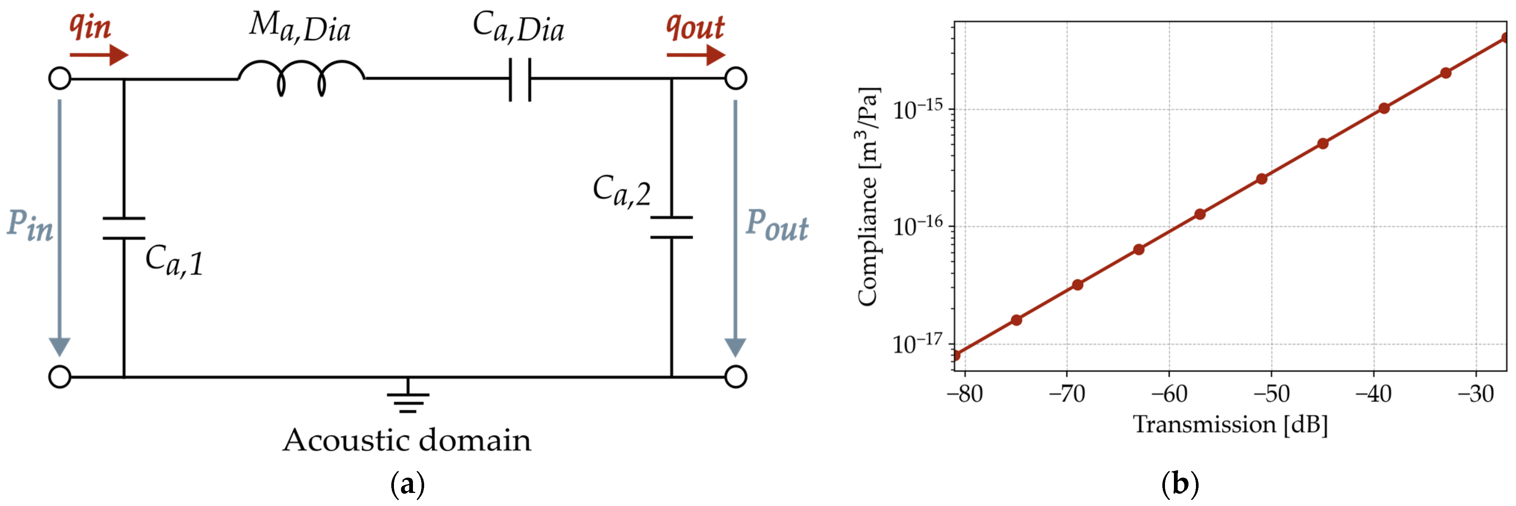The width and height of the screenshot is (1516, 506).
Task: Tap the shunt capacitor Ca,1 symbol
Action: click(x=123, y=228)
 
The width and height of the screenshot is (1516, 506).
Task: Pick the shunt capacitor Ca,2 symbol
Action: click(x=671, y=228)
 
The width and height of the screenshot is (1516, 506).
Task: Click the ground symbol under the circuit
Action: click(x=408, y=400)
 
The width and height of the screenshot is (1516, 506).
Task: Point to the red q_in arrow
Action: click(x=98, y=55)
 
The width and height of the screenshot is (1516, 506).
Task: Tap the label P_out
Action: click(x=776, y=225)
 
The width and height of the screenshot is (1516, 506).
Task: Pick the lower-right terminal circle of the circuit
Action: click(x=735, y=377)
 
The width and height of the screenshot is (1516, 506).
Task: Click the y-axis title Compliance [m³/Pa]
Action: click(x=868, y=197)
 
